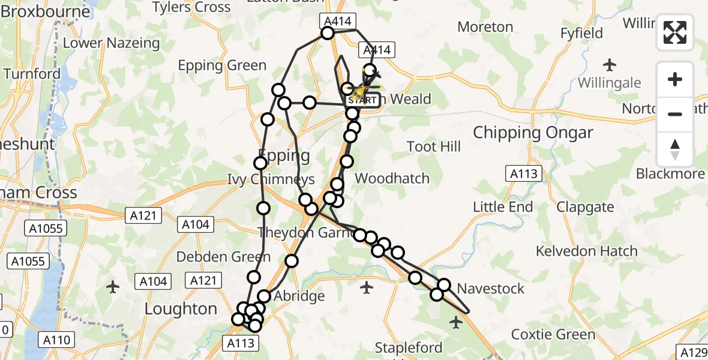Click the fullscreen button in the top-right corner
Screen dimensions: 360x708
tap(675, 32)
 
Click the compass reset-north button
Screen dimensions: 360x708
tap(675, 149)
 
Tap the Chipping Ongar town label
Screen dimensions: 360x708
tap(533, 133)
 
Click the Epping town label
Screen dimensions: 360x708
tap(284, 155)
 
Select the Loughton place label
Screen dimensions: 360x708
tap(181, 309)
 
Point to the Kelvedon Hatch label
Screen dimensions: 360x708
tap(586, 251)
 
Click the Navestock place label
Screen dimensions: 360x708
tap(490, 289)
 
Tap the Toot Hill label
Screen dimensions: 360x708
tap(433, 147)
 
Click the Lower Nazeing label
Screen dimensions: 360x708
tap(111, 43)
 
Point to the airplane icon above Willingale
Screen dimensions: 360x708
tap(610, 64)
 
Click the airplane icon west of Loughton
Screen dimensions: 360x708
tap(112, 287)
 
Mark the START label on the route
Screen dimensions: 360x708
tap(362, 100)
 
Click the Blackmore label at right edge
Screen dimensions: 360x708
tap(670, 174)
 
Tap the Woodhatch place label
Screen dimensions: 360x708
tap(392, 178)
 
